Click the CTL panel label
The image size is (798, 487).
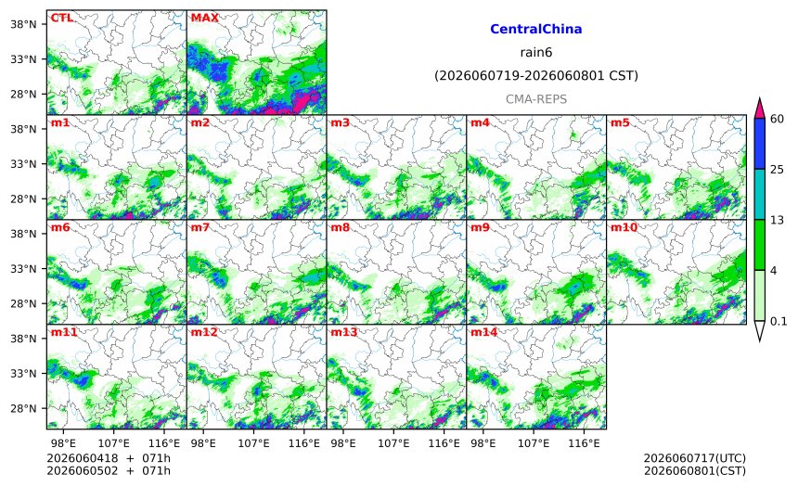pos(61,18)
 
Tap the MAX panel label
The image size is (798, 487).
pos(204,18)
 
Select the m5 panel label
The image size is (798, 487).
pos(620,122)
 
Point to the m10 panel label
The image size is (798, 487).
pos(624,227)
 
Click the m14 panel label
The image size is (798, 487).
pos(483,332)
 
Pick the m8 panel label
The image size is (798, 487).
pos(340,227)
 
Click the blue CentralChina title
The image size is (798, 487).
pos(536,29)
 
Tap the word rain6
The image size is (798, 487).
pos(536,53)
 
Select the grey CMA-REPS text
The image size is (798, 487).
pos(536,99)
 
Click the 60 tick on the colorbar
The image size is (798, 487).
pos(777,119)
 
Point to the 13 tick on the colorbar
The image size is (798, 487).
pos(777,221)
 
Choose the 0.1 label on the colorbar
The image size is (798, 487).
pos(779,322)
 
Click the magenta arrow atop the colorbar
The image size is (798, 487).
pos(759,108)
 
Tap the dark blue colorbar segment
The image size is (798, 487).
pos(759,144)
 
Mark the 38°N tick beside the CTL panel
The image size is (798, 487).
pos(23,24)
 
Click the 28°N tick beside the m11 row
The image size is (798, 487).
pos(23,409)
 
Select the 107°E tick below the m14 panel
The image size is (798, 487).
pos(534,443)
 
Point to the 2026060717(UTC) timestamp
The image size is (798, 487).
pos(695,459)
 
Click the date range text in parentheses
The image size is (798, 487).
pos(536,76)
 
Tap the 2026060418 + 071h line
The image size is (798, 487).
pos(109,459)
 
